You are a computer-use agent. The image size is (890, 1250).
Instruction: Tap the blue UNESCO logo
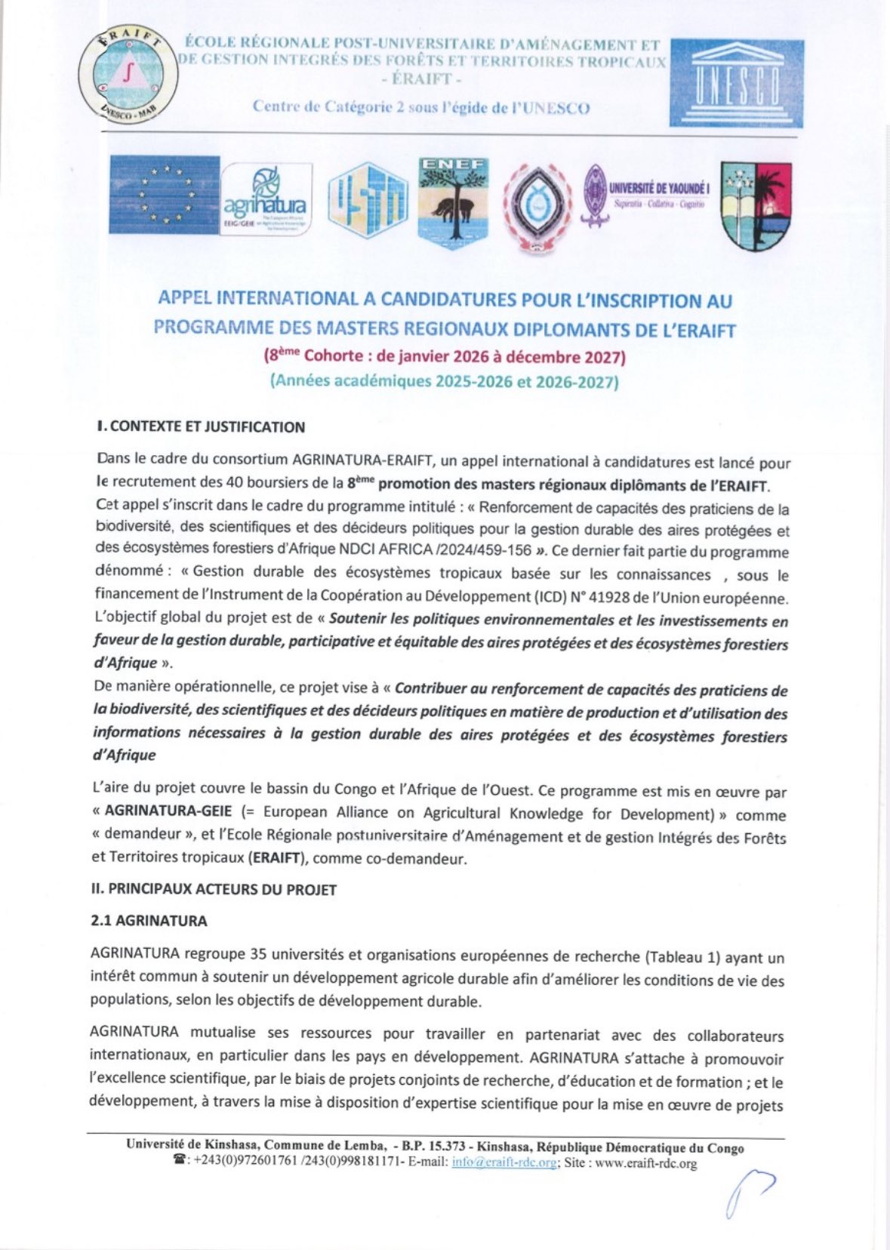[736, 83]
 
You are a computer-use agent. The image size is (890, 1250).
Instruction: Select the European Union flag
[164, 195]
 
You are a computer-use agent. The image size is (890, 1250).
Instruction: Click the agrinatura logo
[265, 200]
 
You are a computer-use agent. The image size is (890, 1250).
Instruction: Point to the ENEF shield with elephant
[453, 202]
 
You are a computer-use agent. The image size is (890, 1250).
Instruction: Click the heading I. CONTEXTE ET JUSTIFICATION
[201, 426]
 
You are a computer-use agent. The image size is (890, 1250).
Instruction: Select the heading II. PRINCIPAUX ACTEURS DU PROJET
[214, 889]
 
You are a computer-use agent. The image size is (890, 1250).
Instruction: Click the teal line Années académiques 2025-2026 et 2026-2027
[444, 381]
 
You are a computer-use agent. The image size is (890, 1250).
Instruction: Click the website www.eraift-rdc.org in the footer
[645, 1163]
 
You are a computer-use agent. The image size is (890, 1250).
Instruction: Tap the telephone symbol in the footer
[180, 1162]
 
